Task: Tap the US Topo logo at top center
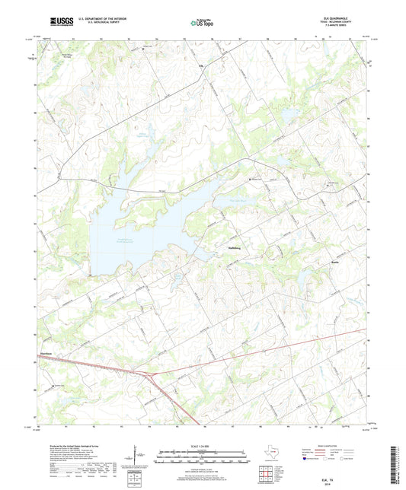tap(200, 23)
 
